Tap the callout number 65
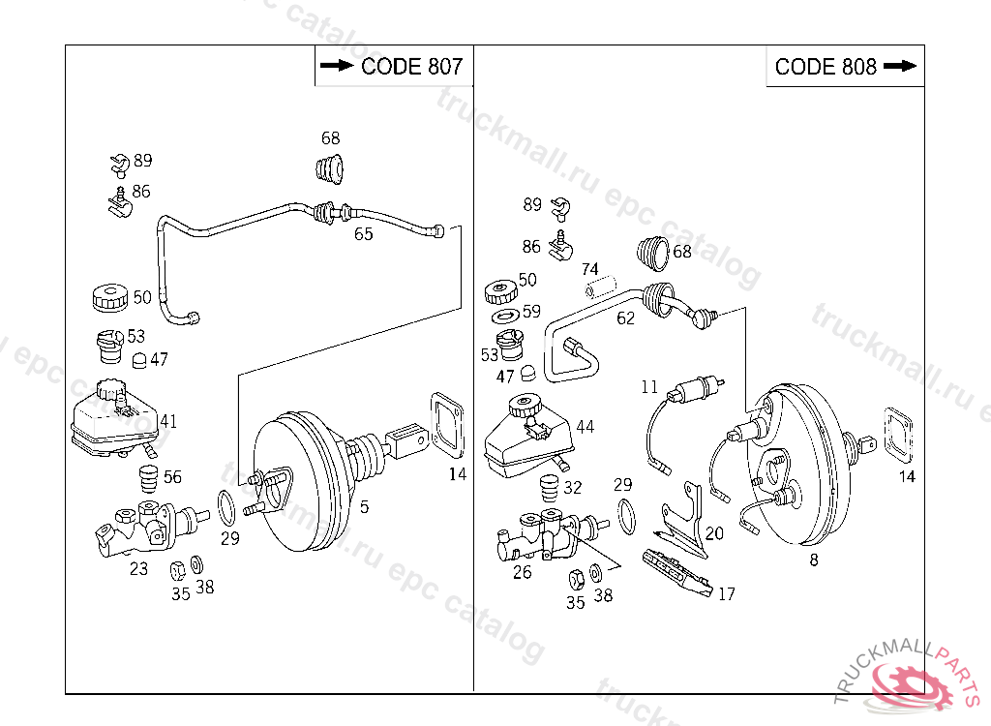point(363,234)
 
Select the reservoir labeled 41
point(111,421)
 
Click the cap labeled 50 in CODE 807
point(109,297)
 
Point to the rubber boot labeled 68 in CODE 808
point(655,252)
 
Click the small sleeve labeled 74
point(598,287)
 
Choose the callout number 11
point(648,387)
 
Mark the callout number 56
point(171,476)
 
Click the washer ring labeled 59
point(504,316)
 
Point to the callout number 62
point(625,318)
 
